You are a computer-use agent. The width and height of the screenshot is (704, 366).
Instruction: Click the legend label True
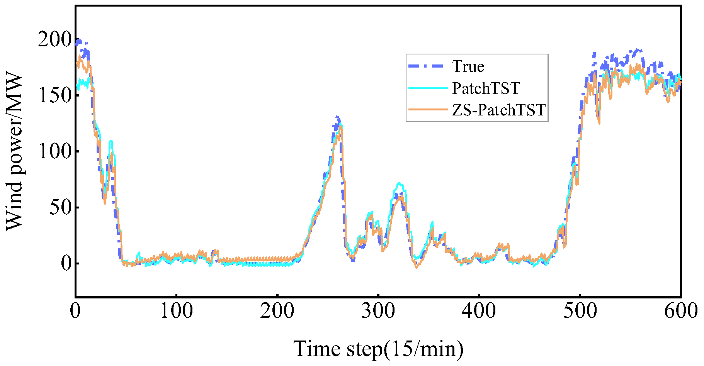[468, 66]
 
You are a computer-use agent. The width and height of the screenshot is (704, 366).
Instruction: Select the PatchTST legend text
[486, 88]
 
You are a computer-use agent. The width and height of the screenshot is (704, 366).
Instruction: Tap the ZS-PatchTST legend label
[498, 110]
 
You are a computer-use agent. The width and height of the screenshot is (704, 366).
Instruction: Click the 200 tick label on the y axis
[54, 39]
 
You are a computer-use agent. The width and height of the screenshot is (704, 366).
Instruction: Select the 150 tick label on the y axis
[54, 95]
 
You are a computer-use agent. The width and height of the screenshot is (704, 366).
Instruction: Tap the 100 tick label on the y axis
[54, 151]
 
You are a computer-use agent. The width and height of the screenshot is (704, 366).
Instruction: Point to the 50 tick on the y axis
[60, 207]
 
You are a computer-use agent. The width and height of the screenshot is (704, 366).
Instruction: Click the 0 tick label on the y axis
[66, 263]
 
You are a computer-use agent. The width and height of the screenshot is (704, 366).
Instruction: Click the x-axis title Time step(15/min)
[378, 349]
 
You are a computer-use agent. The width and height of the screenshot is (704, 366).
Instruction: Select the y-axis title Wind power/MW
[15, 151]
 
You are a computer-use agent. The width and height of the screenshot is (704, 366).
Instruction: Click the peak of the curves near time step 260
[338, 117]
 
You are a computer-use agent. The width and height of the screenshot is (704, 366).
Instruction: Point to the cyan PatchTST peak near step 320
[400, 183]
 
